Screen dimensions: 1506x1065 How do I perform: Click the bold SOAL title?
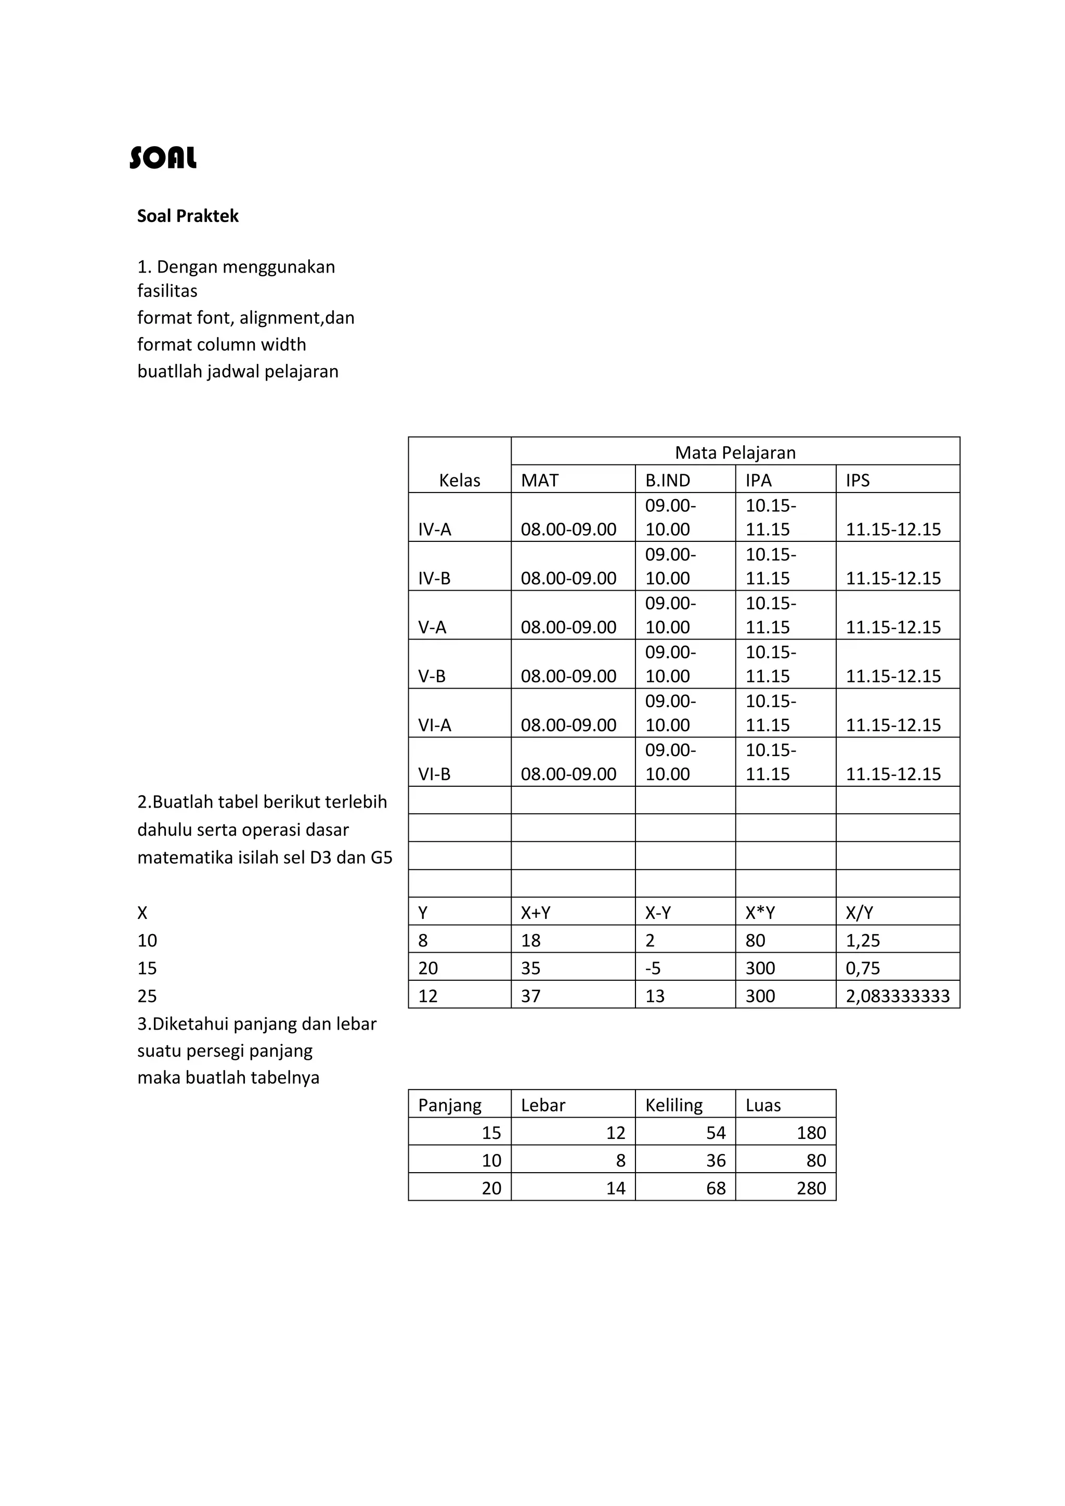pos(163,158)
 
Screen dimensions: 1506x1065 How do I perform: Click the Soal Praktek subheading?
pos(188,216)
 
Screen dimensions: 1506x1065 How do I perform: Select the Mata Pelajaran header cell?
pos(735,452)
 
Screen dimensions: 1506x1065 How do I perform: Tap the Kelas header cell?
pos(459,480)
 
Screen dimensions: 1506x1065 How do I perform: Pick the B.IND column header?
pos(668,480)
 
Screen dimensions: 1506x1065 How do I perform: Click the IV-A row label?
pos(435,529)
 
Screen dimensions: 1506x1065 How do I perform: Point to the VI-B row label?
pos(434,774)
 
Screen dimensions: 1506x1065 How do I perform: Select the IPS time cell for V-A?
pos(893,627)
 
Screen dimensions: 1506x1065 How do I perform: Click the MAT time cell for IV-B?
pos(568,578)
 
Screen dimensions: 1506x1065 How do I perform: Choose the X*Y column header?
pos(760,913)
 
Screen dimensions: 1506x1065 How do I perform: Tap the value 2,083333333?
pos(898,996)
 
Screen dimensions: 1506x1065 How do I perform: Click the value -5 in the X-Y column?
pos(653,968)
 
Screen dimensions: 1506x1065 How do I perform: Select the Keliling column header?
pos(673,1105)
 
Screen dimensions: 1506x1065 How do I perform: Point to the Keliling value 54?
pos(716,1133)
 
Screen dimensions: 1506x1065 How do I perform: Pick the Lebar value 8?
pos(620,1160)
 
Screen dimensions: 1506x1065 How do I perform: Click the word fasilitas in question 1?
pos(167,291)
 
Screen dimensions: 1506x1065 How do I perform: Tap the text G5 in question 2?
pos(381,858)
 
